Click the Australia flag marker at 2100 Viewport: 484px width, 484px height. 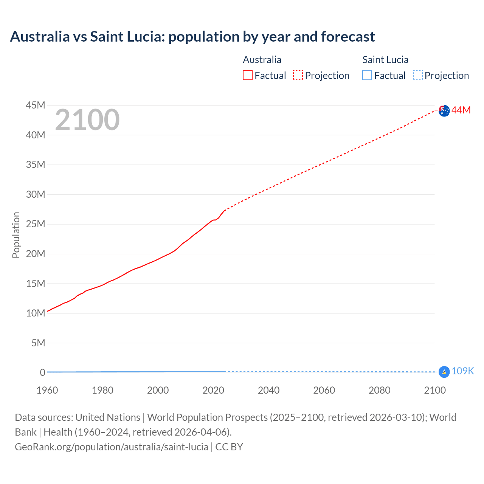tap(444, 111)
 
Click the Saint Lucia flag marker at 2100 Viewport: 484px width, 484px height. tap(444, 372)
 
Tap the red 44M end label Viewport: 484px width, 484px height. tap(461, 110)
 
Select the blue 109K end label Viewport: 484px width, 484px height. tap(462, 371)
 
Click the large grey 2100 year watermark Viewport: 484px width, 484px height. tap(87, 120)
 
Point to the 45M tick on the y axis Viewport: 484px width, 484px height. tap(36, 105)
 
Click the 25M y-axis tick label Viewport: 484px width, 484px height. tap(36, 224)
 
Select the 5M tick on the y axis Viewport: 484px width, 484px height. tap(38, 343)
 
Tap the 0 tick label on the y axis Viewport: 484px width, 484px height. tap(42, 372)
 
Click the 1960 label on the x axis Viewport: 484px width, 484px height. tap(47, 390)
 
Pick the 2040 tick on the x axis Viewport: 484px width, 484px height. tap(268, 390)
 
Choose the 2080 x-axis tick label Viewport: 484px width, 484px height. tap(379, 390)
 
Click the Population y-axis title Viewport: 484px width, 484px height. tap(16, 235)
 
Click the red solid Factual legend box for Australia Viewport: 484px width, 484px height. tap(247, 76)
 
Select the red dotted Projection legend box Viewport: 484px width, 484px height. tap(298, 76)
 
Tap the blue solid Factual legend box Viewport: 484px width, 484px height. tap(367, 76)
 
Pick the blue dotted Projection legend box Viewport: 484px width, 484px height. tap(417, 76)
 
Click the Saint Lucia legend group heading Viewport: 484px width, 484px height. tap(385, 60)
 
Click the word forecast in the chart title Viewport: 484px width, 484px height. tap(348, 37)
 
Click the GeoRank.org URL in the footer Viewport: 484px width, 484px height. tap(112, 447)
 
